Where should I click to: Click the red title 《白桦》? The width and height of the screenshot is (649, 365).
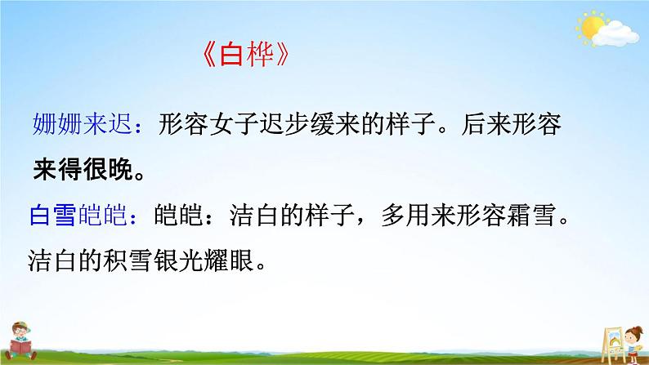pyautogui.click(x=246, y=55)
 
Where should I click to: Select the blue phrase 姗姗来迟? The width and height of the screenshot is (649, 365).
pyautogui.click(x=83, y=123)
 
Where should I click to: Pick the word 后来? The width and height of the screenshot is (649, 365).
pyautogui.click(x=486, y=123)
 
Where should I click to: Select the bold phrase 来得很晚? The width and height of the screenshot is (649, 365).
pyautogui.click(x=83, y=169)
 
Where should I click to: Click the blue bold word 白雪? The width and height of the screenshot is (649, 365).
pyautogui.click(x=52, y=215)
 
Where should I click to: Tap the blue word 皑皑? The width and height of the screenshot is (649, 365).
pyautogui.click(x=102, y=215)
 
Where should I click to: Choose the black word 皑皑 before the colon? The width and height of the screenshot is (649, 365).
pyautogui.click(x=178, y=215)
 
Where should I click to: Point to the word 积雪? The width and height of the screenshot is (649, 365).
pyautogui.click(x=128, y=260)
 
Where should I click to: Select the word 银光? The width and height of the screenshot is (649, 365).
pyautogui.click(x=178, y=260)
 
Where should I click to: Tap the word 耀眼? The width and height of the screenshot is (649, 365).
pyautogui.click(x=229, y=260)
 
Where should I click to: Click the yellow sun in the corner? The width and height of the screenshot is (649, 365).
pyautogui.click(x=591, y=26)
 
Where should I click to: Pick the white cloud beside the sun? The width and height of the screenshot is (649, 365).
pyautogui.click(x=615, y=34)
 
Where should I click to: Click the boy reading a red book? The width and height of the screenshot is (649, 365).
pyautogui.click(x=20, y=341)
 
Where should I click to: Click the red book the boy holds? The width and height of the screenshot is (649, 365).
pyautogui.click(x=20, y=346)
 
